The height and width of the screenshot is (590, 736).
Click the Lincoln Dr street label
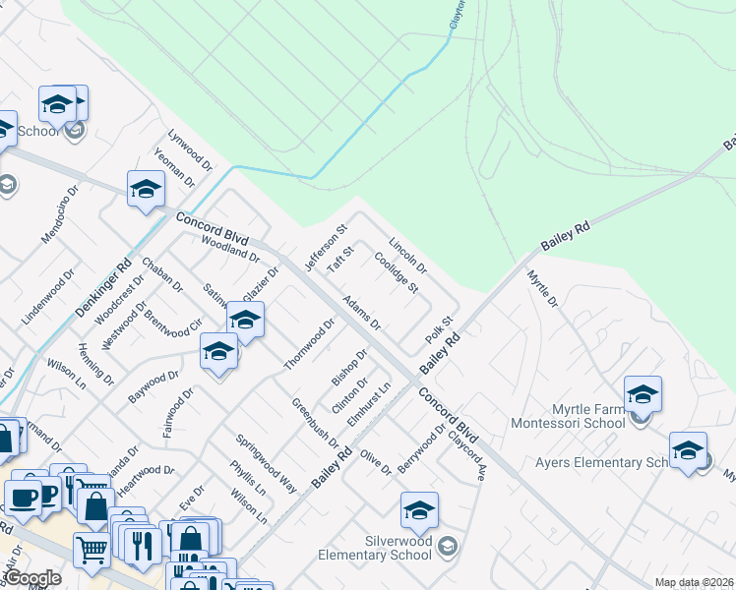tap(407, 255)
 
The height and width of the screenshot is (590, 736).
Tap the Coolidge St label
tap(397, 273)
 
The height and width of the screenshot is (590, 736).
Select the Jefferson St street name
tap(326, 248)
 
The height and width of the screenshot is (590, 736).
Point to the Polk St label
tap(439, 329)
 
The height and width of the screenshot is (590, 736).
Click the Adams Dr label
tap(361, 312)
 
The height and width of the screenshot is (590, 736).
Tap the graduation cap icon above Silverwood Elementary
tap(419, 510)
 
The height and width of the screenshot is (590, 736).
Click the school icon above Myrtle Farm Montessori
tap(643, 394)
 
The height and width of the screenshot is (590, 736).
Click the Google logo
tap(32, 578)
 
